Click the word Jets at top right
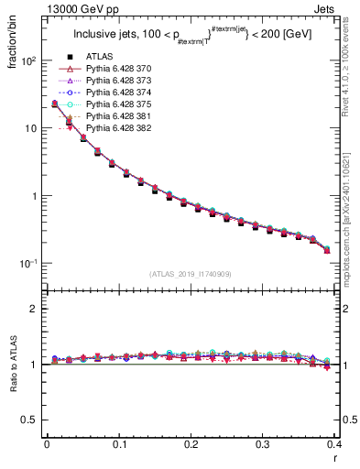tap(336, 8)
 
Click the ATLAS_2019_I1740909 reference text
tap(190, 274)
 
